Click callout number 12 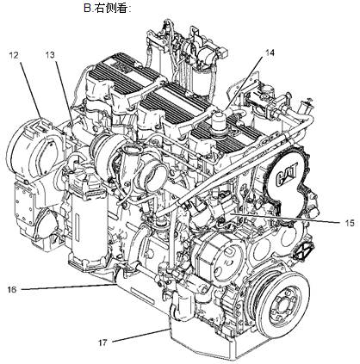point(14,55)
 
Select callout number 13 point(50,55)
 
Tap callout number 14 point(270,52)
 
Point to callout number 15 point(350,223)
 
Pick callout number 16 point(12,290)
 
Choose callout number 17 point(102,342)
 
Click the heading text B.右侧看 point(108,9)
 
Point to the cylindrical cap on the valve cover point(219,122)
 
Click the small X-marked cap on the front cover point(304,251)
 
